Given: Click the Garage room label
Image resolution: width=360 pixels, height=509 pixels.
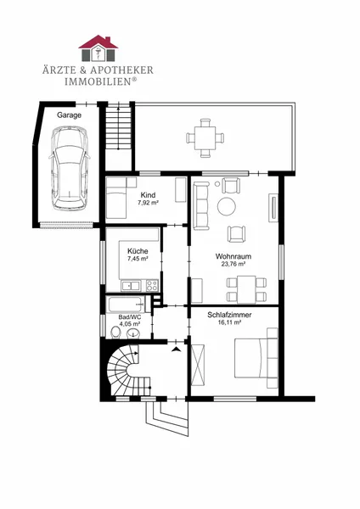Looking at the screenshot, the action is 70,115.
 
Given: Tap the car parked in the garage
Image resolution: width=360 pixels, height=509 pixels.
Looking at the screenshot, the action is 70,168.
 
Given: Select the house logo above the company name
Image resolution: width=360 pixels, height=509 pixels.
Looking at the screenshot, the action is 98,48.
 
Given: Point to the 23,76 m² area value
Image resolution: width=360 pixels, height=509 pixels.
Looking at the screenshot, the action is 233,264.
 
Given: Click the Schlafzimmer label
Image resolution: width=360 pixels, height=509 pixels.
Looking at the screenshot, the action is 229,315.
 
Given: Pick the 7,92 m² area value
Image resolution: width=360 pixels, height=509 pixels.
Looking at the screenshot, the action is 148,203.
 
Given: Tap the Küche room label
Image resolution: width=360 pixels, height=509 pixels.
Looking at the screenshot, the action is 138,251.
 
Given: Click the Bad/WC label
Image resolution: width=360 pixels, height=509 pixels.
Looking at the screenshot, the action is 130,317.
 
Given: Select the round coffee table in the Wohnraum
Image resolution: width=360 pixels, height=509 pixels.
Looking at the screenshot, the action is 227,206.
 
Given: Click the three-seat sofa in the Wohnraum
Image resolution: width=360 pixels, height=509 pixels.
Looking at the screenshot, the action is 201,206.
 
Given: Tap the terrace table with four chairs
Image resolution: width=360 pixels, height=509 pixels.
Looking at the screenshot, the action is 205,138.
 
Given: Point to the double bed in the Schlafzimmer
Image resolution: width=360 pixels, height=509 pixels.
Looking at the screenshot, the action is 256,358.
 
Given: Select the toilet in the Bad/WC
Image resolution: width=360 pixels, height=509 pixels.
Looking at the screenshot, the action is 115,333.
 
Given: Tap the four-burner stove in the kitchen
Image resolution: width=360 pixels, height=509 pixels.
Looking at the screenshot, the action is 152,286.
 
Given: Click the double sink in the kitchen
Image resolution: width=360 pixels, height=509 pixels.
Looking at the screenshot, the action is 131,286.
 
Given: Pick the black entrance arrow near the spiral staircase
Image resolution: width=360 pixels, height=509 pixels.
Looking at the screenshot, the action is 177,350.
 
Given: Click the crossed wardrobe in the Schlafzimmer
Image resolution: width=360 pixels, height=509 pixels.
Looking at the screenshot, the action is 198,365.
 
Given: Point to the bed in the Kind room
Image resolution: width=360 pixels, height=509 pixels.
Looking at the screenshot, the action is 116,202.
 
